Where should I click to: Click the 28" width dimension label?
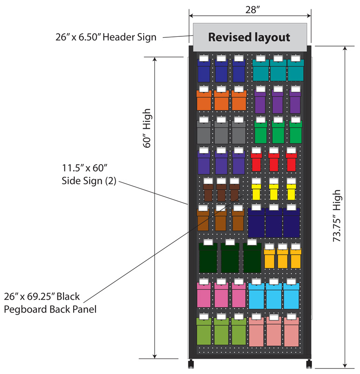coord(252,9)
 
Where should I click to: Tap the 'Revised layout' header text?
coord(249,37)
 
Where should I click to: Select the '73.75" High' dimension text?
coord(337,215)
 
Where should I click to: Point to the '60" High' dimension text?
coord(147,128)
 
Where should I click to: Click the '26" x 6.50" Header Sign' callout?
coord(106,37)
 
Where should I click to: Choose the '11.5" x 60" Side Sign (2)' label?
coord(89,174)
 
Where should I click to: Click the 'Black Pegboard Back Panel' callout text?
coord(50,303)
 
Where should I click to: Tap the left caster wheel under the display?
coord(191,363)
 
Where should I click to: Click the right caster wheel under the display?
coord(309,363)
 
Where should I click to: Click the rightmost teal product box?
coord(296,70)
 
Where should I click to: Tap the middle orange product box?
coord(221,100)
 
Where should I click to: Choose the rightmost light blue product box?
coord(291,296)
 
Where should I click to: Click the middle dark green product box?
coord(230,258)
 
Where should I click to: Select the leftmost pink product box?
coord(204,295)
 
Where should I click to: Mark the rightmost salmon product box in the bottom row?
coord(291,332)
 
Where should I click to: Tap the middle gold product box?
coord(283,258)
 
